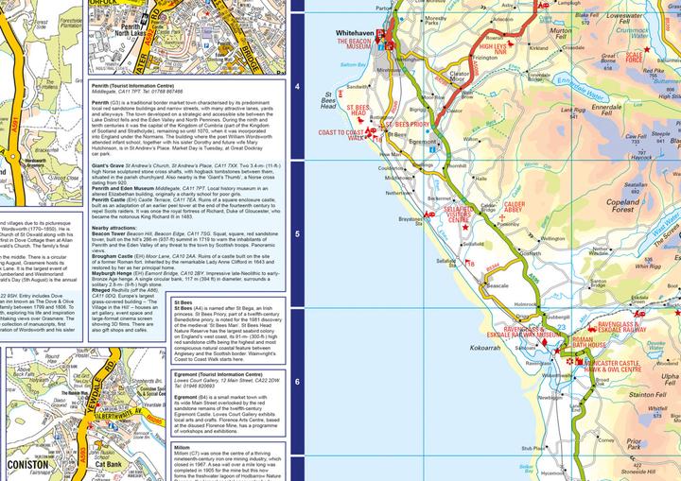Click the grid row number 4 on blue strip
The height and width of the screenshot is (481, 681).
click(299, 86)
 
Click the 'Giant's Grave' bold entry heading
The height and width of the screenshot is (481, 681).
click(112, 139)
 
